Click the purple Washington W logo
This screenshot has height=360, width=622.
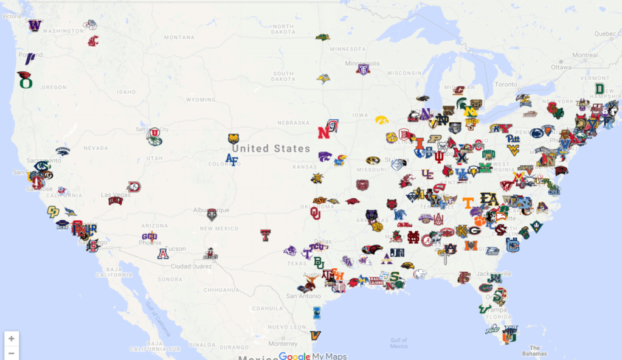(x=35, y=26)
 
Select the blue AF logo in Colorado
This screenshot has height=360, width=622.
(x=232, y=159)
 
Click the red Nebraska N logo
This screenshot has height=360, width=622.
(x=323, y=133)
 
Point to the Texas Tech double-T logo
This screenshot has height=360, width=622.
(x=265, y=235)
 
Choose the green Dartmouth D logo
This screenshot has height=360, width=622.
(x=600, y=89)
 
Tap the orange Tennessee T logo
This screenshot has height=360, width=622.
(x=468, y=202)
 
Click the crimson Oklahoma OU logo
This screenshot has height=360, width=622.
(x=315, y=213)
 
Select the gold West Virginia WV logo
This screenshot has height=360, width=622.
(x=514, y=149)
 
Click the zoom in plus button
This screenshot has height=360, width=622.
(x=12, y=338)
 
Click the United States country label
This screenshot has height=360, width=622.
(x=271, y=148)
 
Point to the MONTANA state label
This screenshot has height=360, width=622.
(x=178, y=37)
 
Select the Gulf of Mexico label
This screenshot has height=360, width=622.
(x=398, y=343)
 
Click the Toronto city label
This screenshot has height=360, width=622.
(x=505, y=85)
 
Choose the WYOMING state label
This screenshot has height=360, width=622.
(x=200, y=100)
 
